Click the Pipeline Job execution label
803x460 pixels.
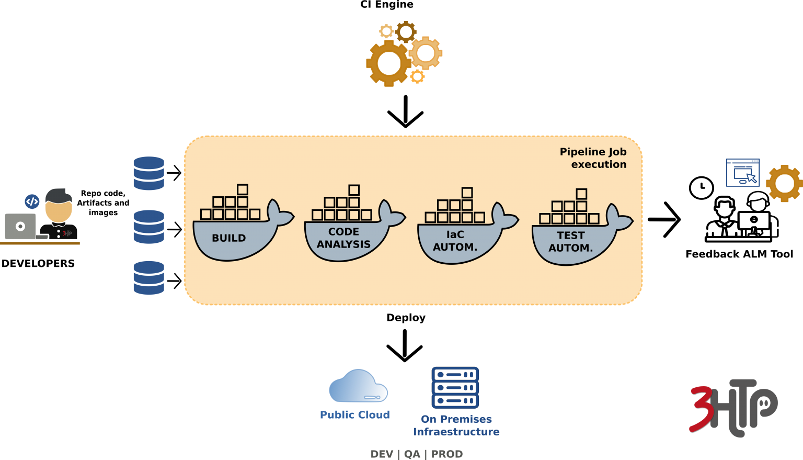593,158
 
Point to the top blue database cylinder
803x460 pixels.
149,173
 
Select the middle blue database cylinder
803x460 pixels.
149,227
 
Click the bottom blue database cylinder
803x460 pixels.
149,278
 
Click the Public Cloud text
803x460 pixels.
355,415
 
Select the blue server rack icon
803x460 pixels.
455,388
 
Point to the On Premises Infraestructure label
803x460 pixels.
456,425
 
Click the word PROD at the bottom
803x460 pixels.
447,454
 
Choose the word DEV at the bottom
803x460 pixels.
382,454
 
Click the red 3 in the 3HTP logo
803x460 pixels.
702,409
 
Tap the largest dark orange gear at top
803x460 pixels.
388,63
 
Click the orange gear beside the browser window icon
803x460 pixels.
784,183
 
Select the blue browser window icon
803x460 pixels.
742,173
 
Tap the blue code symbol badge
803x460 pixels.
32,201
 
